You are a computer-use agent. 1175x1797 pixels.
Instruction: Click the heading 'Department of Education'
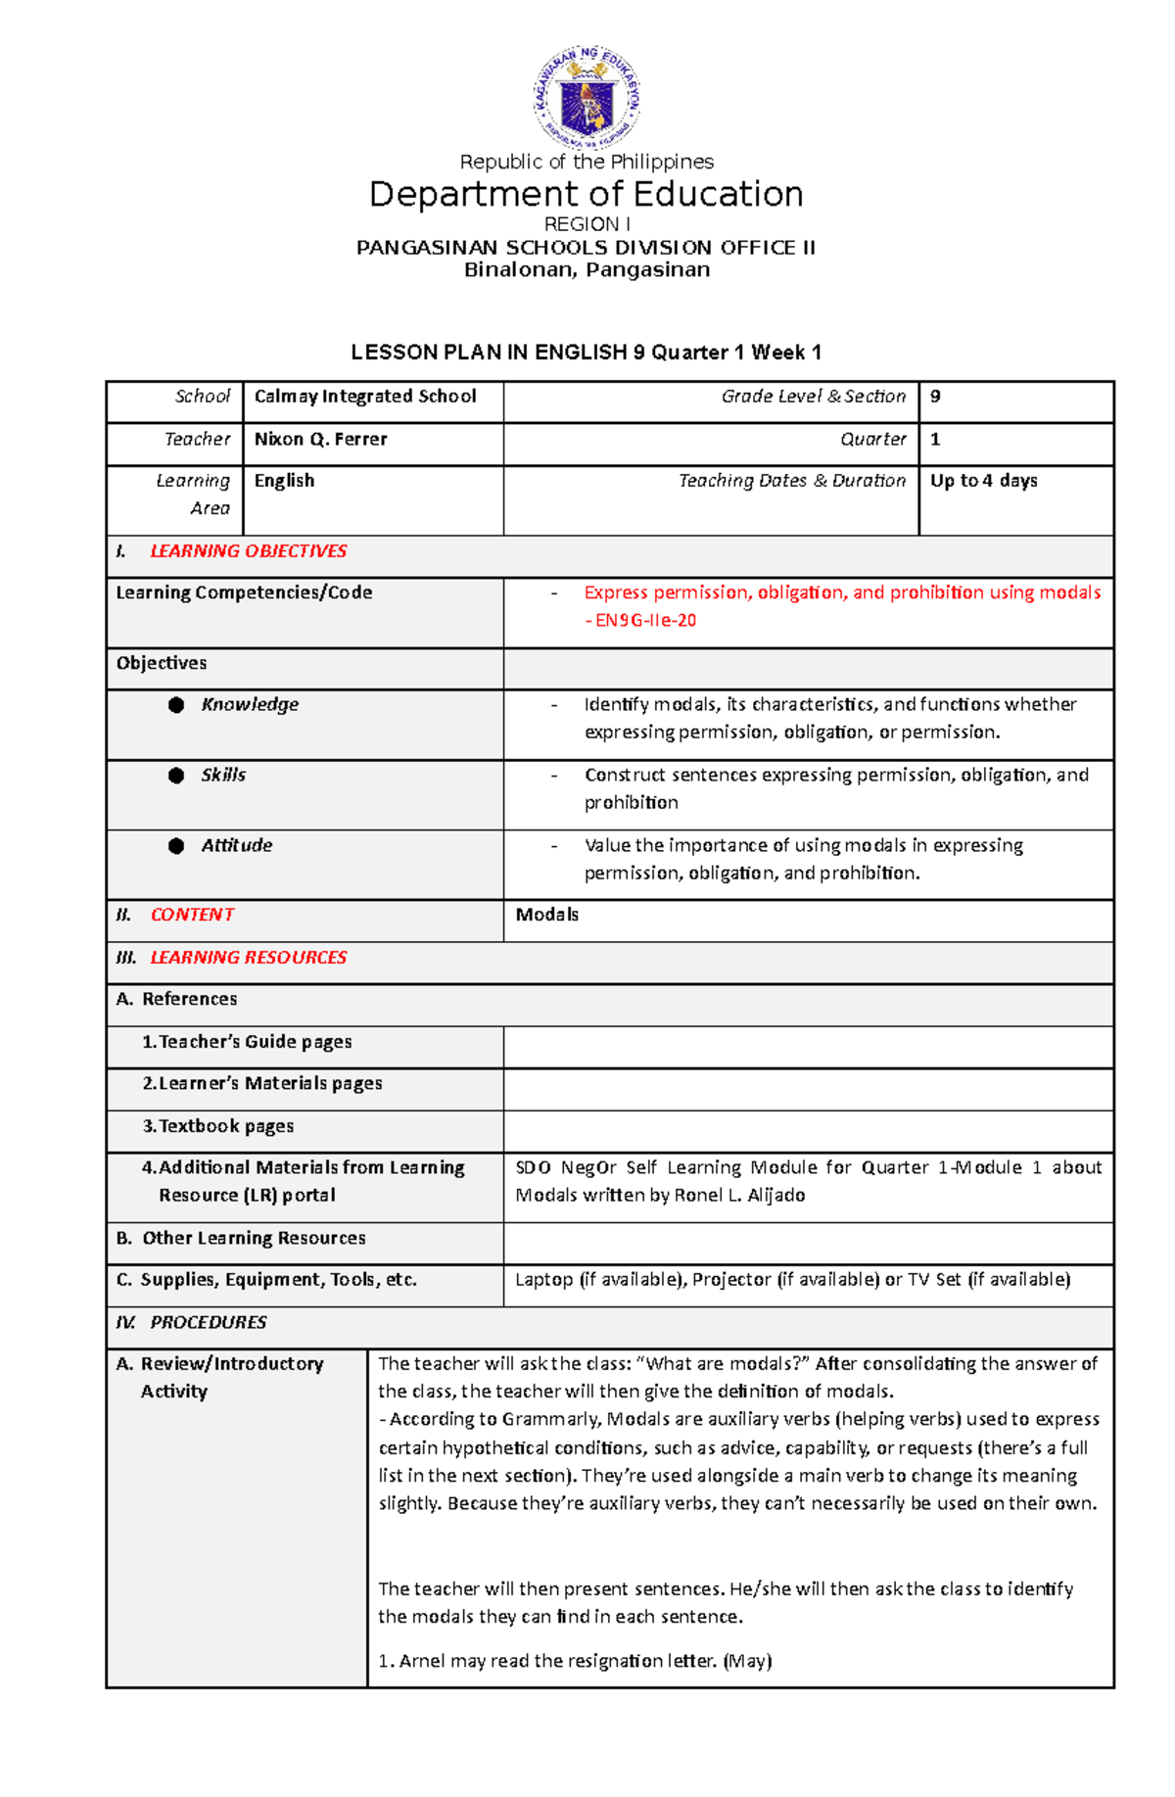coord(587,195)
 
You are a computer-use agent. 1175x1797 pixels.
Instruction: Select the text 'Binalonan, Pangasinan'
coord(587,270)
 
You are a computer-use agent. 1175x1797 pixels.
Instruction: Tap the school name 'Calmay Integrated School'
coord(365,397)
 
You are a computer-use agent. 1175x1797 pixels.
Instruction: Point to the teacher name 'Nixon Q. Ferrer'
coord(320,440)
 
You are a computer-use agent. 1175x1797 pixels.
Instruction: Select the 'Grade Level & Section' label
coord(813,397)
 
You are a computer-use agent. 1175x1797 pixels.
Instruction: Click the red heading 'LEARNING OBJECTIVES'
coord(248,551)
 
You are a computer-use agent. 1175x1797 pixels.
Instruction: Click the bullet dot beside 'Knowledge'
coord(176,705)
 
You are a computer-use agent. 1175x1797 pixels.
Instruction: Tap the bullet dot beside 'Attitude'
coord(176,846)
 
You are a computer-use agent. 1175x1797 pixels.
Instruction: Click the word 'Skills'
coord(223,776)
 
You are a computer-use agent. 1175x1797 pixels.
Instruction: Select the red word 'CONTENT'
coord(192,915)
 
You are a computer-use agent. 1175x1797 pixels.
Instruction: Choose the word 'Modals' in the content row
coord(546,915)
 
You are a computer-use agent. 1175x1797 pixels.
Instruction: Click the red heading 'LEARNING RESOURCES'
coord(248,958)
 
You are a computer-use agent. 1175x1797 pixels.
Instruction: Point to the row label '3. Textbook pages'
coord(218,1126)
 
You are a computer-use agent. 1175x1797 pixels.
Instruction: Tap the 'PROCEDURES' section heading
coord(208,1323)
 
